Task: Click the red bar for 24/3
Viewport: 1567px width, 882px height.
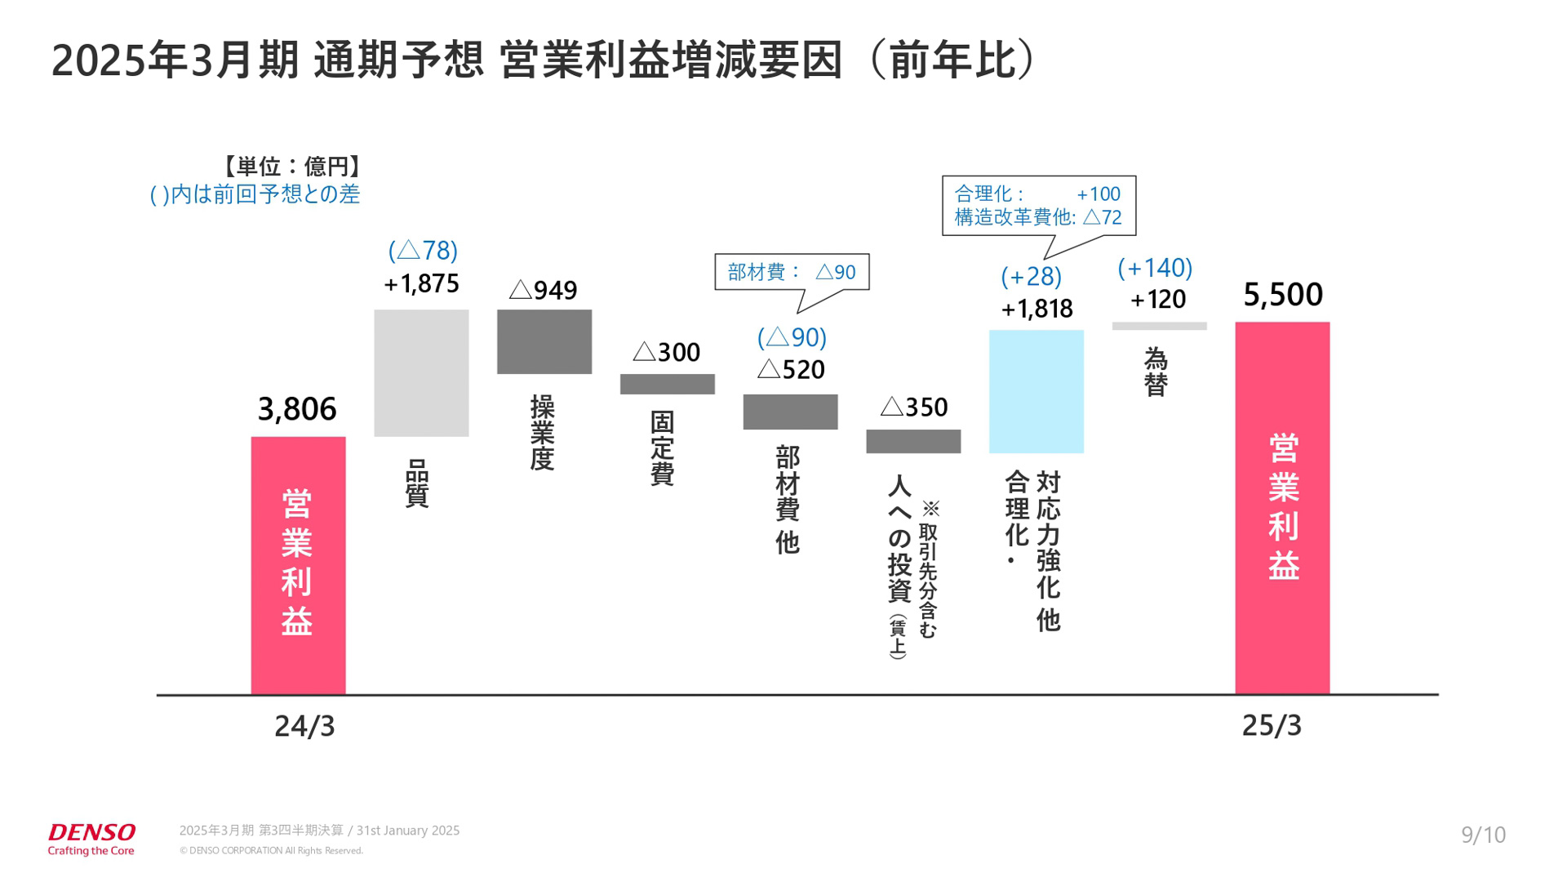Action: (x=298, y=565)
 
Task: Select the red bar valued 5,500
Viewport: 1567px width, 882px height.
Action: (x=1282, y=507)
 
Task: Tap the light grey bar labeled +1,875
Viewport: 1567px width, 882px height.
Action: (x=421, y=372)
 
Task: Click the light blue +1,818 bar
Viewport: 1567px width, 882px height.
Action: (x=1036, y=391)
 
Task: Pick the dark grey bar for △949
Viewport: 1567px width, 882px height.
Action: (x=544, y=341)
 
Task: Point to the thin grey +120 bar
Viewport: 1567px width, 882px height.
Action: (x=1159, y=326)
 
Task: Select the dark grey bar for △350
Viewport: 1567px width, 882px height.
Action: (x=913, y=441)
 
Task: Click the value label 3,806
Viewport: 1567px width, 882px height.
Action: (x=297, y=408)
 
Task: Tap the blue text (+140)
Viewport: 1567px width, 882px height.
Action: (x=1155, y=268)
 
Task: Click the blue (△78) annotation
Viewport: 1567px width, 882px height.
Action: (x=423, y=250)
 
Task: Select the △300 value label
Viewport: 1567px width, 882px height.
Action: (x=667, y=352)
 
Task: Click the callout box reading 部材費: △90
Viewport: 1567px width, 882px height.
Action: (x=791, y=272)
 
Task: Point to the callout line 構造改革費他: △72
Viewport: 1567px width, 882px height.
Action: (x=1038, y=217)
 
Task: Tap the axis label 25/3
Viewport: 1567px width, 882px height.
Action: (x=1272, y=725)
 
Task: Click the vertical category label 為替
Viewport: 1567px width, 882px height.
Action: (x=1156, y=372)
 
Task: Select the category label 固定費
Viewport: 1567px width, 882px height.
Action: (x=662, y=448)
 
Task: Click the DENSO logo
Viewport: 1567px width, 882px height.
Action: (x=91, y=839)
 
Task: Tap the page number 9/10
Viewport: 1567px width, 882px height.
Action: (x=1483, y=835)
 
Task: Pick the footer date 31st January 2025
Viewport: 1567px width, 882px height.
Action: (x=408, y=831)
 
